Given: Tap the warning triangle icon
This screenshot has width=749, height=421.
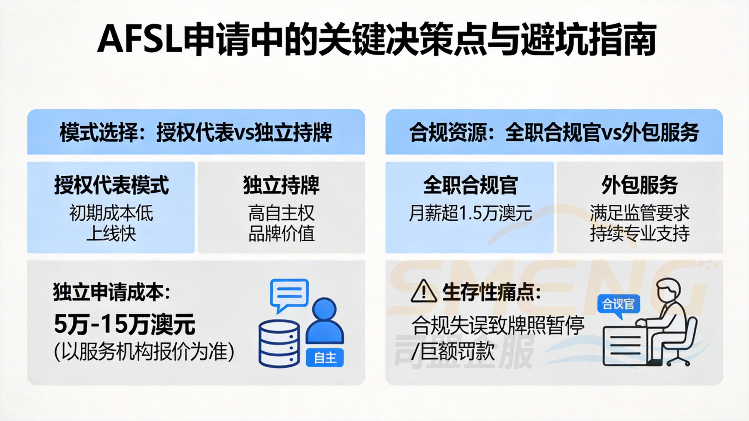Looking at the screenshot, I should tap(424, 291).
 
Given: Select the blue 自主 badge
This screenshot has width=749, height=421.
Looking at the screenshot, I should tap(325, 358).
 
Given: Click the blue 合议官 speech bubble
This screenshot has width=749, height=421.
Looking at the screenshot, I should tap(618, 304).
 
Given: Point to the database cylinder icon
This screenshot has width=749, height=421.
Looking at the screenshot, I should tap(279, 343).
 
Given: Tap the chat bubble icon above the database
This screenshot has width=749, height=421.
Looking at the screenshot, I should tap(289, 294).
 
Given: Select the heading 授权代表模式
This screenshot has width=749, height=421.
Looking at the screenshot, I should tap(111, 185).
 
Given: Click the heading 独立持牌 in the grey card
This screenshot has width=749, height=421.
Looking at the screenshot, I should tap(281, 185).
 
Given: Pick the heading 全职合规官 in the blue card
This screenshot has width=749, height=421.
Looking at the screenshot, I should tap(470, 185).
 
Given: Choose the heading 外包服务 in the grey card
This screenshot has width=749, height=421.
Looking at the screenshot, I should tap(640, 185).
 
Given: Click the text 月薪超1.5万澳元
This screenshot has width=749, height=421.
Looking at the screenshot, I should tap(470, 213).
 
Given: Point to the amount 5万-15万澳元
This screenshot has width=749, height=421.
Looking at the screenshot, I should tap(125, 324).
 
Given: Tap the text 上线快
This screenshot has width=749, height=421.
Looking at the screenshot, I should tap(111, 234).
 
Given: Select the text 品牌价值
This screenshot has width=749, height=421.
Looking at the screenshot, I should tap(281, 234).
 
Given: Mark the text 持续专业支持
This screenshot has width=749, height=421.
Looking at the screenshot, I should tap(640, 234).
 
